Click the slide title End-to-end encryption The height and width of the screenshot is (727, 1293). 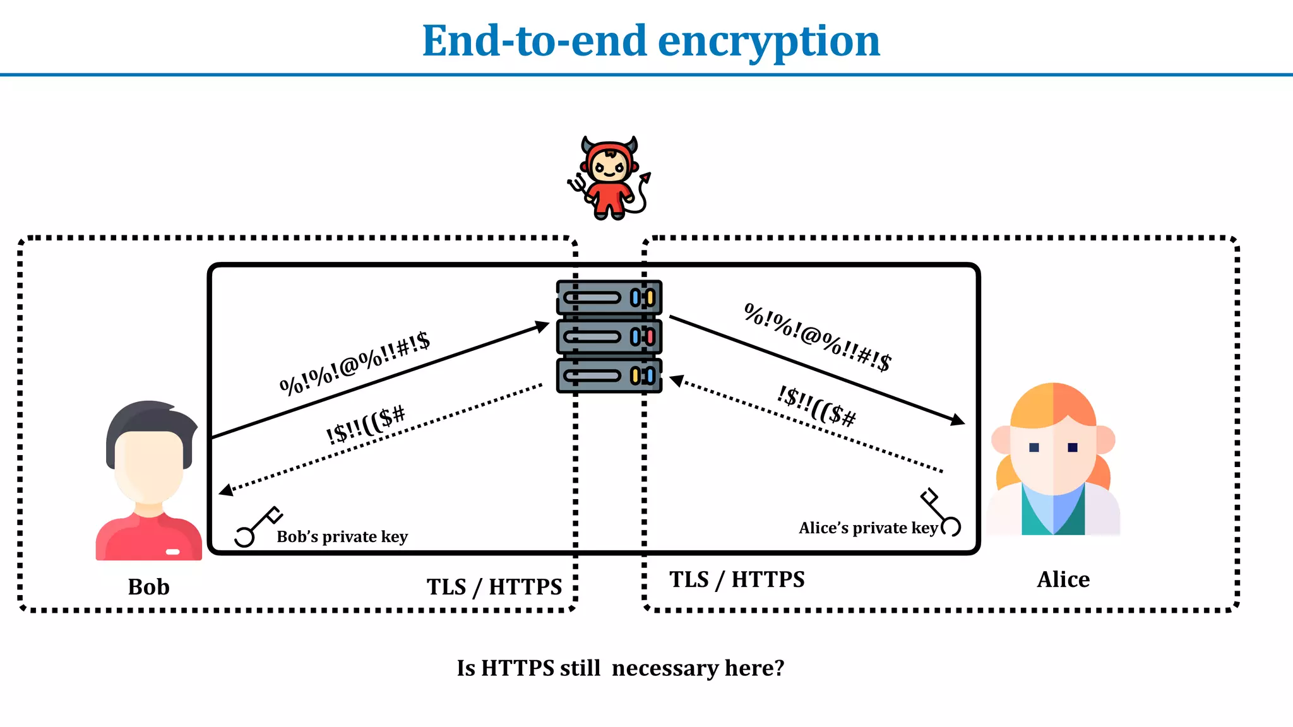point(651,41)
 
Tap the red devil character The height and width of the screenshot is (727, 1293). point(609,179)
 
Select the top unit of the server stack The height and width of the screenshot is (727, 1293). point(609,297)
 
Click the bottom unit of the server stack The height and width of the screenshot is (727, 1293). point(609,375)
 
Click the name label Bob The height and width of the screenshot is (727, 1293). point(148,587)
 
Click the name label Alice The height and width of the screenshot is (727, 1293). point(1063,579)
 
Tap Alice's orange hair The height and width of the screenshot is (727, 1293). point(1053,404)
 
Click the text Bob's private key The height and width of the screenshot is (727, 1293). point(342,536)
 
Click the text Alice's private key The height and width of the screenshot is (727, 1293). point(868,528)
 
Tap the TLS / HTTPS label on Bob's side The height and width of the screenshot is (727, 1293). point(494,587)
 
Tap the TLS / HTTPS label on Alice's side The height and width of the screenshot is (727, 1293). point(737,579)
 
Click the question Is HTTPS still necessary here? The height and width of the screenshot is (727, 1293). point(620,668)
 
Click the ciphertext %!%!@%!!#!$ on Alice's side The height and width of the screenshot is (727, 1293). point(818,337)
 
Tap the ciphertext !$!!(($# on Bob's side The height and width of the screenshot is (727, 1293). point(366,425)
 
